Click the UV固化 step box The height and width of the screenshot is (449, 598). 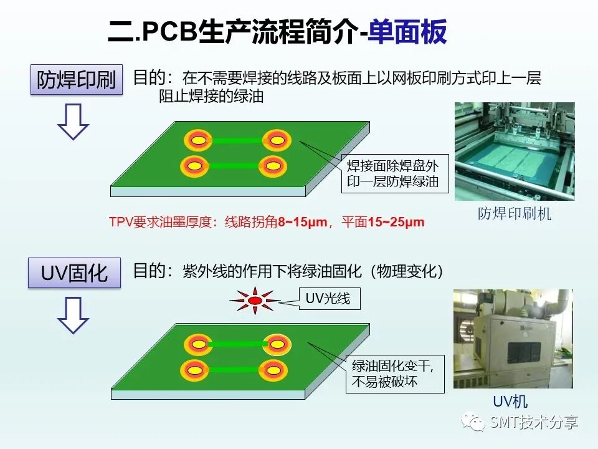74,273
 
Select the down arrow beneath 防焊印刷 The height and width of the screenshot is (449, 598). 73,121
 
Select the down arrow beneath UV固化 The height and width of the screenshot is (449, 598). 73,315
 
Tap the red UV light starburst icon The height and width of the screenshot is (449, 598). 255,301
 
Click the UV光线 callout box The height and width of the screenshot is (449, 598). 328,299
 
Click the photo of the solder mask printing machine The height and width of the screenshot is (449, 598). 514,151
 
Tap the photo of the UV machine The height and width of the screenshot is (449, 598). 513,339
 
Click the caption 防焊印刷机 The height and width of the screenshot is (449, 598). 515,214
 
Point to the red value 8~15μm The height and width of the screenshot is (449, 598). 302,222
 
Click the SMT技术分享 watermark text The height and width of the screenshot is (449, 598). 534,423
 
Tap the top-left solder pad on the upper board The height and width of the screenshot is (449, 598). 197,141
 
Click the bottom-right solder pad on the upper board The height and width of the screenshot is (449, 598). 272,166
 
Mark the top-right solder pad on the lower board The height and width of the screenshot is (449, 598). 275,344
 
